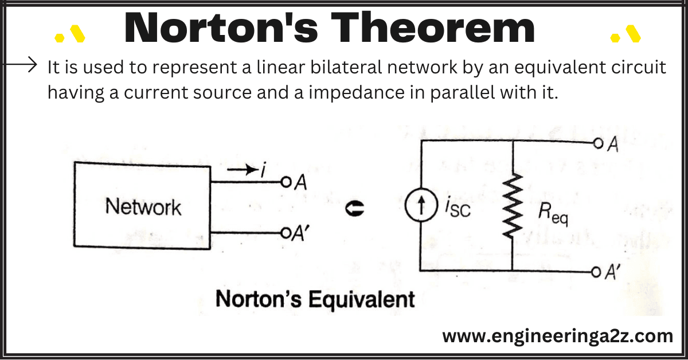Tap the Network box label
pos(143,207)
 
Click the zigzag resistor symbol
pos(511,209)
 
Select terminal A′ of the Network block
pos(284,233)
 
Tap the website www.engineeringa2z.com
pos(557,336)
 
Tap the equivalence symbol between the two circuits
pos(352,210)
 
